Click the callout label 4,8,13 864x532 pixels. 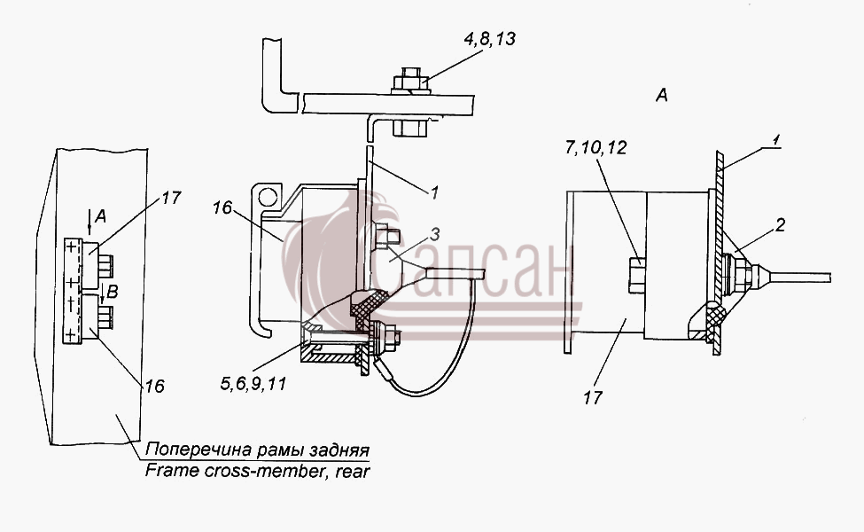click(489, 39)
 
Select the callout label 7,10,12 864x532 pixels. click(595, 148)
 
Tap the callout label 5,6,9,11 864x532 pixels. click(253, 384)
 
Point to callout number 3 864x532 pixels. click(435, 235)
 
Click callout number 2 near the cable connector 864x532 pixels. click(779, 225)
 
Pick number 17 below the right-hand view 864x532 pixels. click(593, 397)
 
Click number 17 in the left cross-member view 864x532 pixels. click(171, 198)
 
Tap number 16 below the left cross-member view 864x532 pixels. click(155, 386)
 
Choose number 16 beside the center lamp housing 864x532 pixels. click(222, 207)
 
